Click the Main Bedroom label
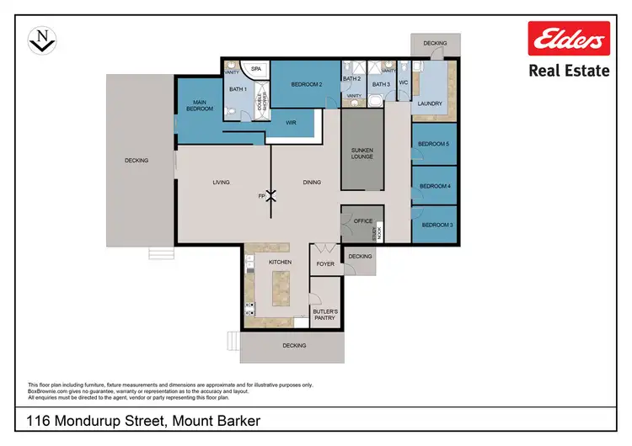point(199,107)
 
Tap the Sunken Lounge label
point(362,153)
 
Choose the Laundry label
point(430,104)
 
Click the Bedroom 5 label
point(436,144)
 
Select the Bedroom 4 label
point(436,185)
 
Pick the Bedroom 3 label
point(437,225)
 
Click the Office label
point(363,221)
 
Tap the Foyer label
point(325,264)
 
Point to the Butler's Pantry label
point(325,315)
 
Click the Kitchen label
point(280,263)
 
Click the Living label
point(221,182)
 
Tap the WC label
point(403,83)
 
